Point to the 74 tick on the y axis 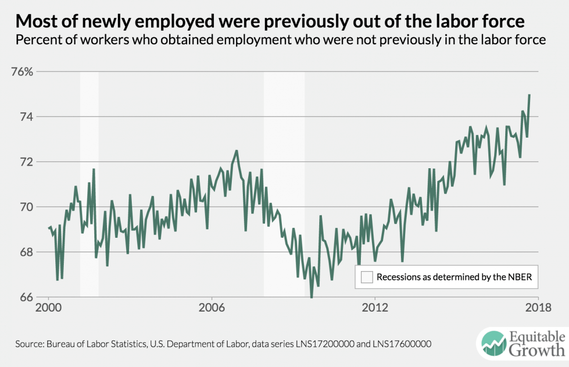coord(26,117)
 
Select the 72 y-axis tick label coord(26,162)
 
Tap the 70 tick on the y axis coord(26,207)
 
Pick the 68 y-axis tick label coord(26,252)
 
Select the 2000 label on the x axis coord(48,308)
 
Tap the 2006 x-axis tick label coord(212,308)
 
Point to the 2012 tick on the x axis coord(375,308)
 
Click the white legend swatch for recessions coord(367,277)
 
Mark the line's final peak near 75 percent coord(529,95)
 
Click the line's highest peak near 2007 coord(237,151)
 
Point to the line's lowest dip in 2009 coord(311,297)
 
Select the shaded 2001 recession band coord(89,185)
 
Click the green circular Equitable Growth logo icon coord(492,343)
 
